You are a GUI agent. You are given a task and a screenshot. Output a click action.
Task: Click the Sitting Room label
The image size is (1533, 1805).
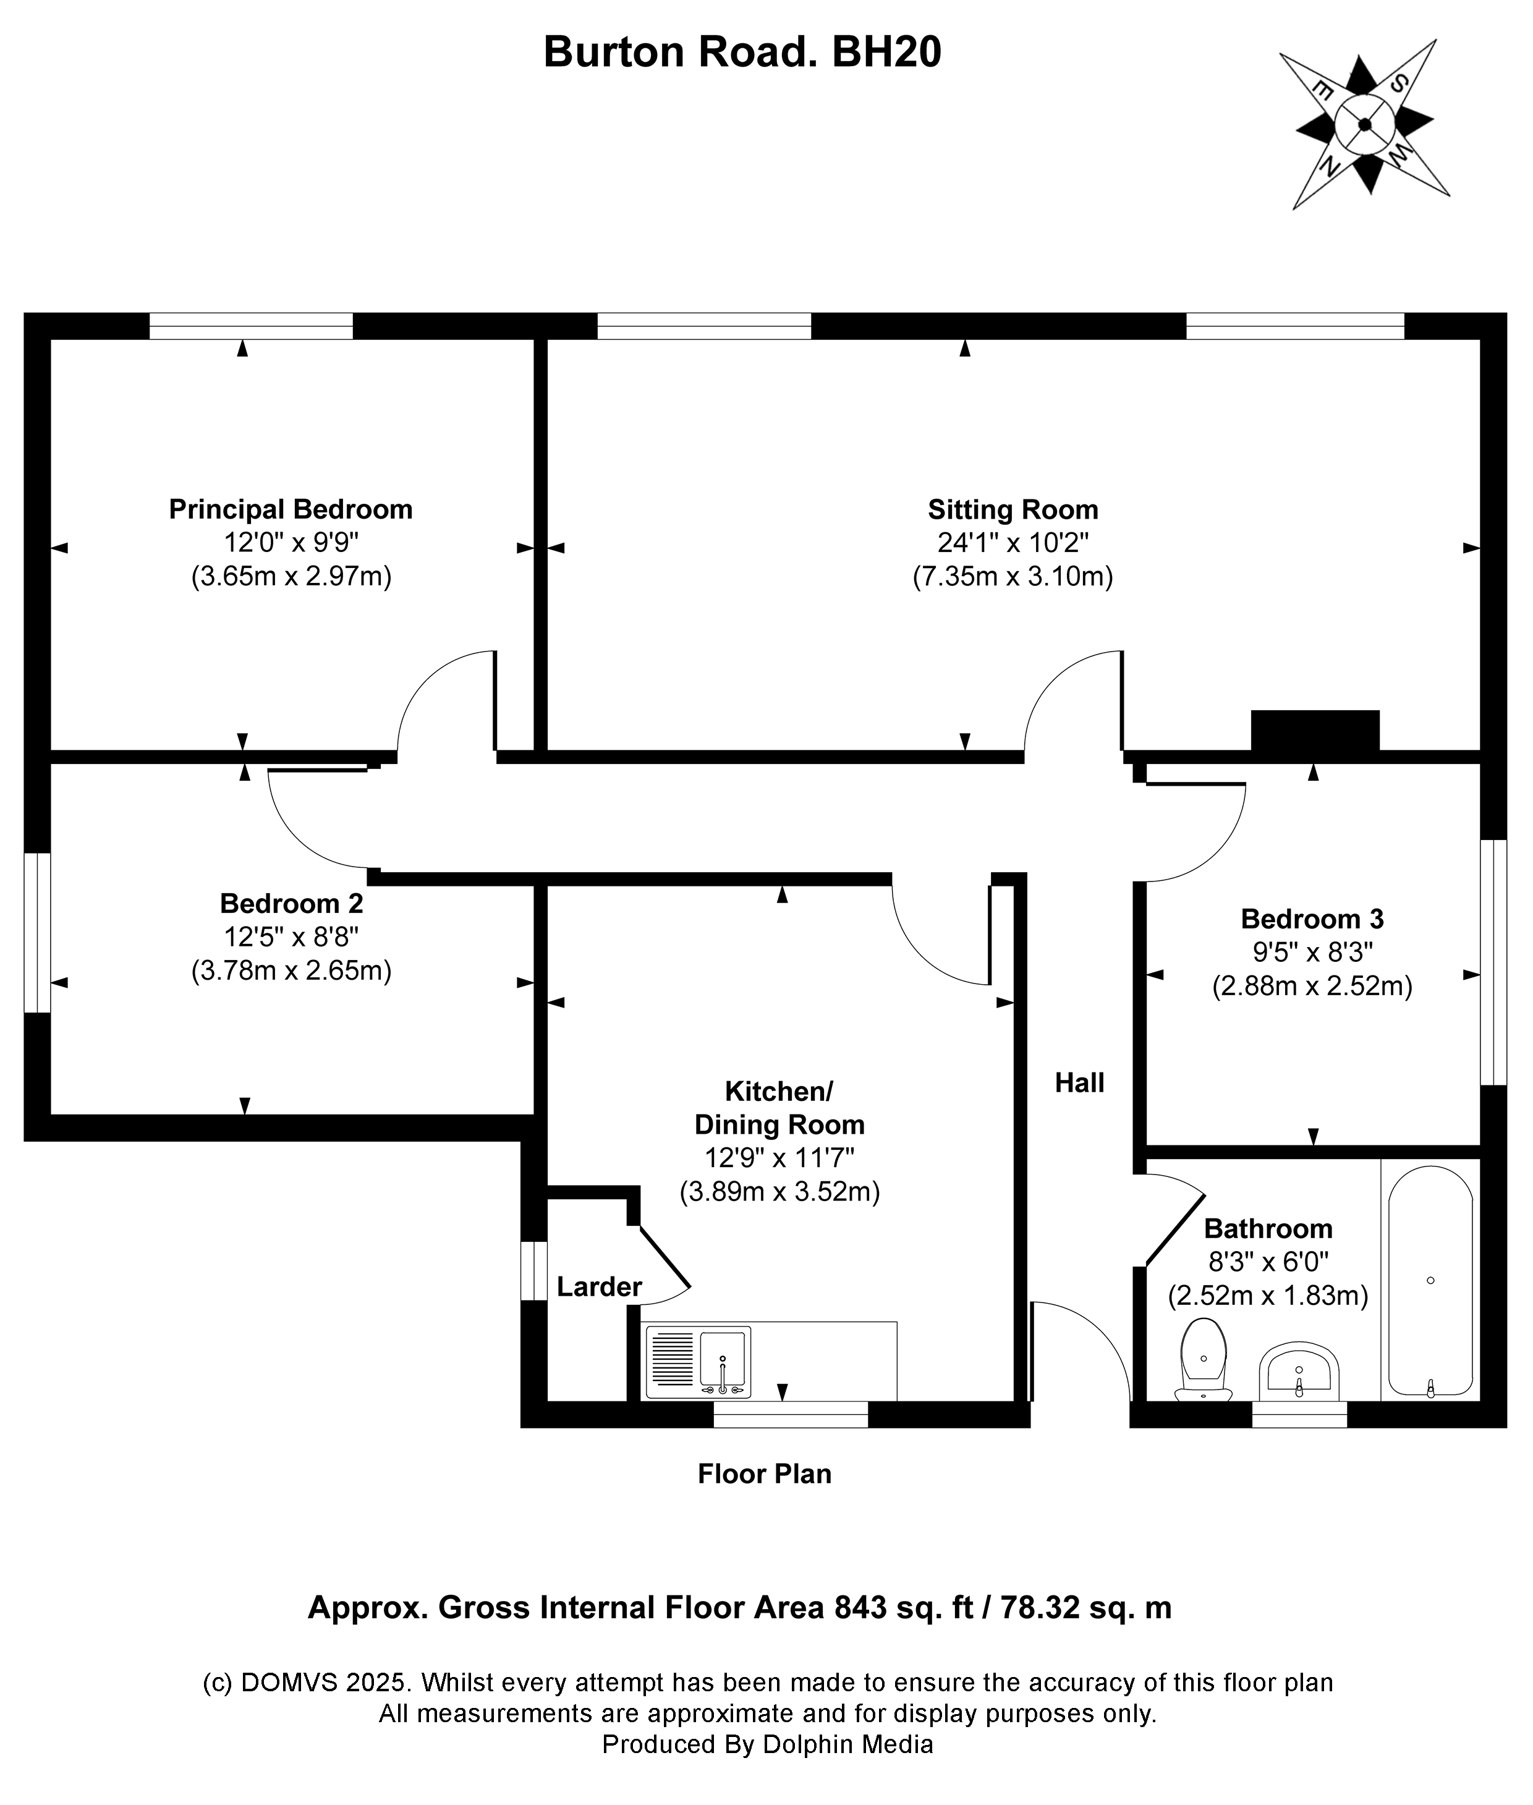coord(1013,509)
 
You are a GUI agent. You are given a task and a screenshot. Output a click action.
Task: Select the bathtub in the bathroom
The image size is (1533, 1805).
coord(1430,1282)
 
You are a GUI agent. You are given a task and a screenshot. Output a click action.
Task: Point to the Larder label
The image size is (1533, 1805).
coord(599,1287)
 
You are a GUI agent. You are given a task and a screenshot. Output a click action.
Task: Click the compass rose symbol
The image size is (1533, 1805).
coord(1364,124)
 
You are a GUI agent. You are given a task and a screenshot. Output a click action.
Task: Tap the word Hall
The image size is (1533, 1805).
coord(1079,1083)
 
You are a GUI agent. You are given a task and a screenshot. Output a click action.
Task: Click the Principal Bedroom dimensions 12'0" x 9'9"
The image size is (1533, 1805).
coord(291,543)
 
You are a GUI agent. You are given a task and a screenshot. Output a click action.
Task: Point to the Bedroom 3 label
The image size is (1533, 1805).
coord(1312,919)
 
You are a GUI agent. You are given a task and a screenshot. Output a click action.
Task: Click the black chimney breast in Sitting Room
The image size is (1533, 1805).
coord(1315,730)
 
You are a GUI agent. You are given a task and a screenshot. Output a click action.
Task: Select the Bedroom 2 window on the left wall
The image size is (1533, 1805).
coord(37,933)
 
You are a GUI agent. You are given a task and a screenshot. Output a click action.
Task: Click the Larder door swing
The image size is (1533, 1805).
coord(665,1269)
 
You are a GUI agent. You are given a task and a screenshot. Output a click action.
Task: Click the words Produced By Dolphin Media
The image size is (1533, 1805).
coord(767,1744)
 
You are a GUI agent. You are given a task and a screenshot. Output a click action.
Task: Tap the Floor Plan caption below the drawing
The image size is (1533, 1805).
coord(764,1474)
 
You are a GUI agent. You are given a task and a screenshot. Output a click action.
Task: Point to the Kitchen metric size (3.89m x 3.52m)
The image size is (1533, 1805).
coord(779,1191)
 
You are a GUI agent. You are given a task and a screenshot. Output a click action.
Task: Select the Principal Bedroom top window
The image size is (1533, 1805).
coord(251,326)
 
